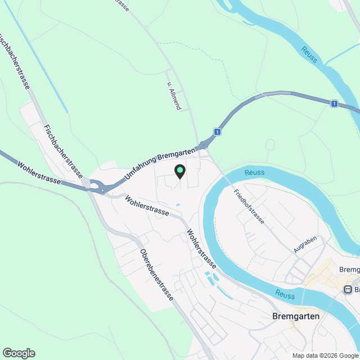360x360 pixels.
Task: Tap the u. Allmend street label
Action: coord(173,96)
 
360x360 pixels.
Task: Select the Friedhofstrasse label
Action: coord(249,207)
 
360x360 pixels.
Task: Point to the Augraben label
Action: coord(305,245)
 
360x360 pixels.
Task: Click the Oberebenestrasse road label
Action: coord(156,275)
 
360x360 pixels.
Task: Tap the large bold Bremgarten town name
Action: coord(295,316)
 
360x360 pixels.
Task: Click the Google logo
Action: coord(19,353)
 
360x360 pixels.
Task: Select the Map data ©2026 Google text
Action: coord(325,355)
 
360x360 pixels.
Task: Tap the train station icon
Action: coord(348,290)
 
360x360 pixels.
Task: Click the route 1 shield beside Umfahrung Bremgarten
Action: coord(217,132)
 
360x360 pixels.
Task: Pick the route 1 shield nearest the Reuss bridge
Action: coord(334,103)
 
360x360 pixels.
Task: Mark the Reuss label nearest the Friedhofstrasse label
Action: coord(254,172)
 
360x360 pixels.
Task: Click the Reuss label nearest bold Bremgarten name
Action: coord(286,293)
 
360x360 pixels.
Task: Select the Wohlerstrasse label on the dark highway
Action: coord(38,173)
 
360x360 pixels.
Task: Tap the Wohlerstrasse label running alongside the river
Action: coord(201,247)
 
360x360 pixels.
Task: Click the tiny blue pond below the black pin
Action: coord(178,204)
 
